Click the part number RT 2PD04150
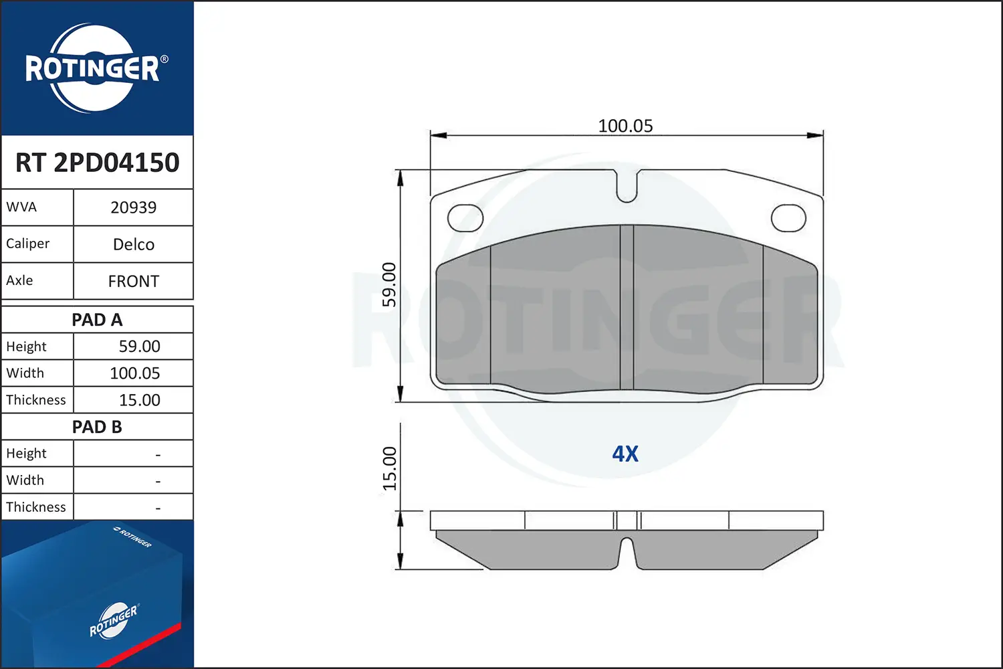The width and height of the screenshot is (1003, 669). pyautogui.click(x=97, y=162)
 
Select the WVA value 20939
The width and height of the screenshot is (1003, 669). pyautogui.click(x=134, y=207)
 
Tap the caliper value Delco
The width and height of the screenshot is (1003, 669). pyautogui.click(x=134, y=244)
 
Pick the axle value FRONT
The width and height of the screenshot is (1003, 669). pyautogui.click(x=134, y=281)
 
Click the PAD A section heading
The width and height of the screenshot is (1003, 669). pyautogui.click(x=97, y=320)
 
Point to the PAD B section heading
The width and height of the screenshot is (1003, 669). pyautogui.click(x=97, y=427)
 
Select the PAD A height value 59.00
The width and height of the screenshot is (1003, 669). pyautogui.click(x=139, y=347)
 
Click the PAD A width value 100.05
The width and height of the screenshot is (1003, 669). pyautogui.click(x=135, y=373)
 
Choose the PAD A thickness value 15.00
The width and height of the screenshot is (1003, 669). pyautogui.click(x=139, y=399)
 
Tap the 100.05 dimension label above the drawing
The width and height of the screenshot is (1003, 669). pyautogui.click(x=625, y=126)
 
